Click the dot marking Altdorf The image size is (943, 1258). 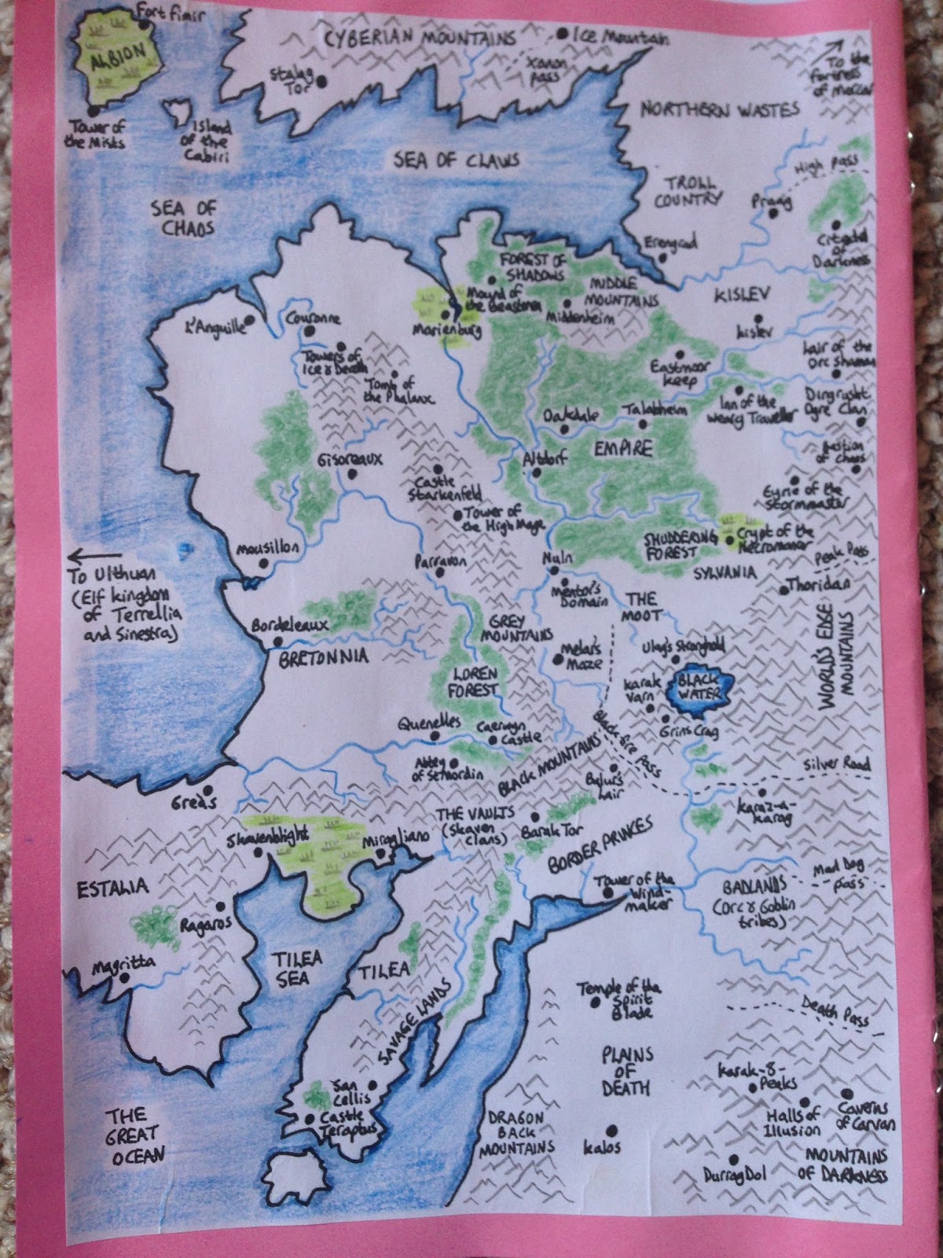point(536,473)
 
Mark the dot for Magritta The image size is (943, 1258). point(123,977)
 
